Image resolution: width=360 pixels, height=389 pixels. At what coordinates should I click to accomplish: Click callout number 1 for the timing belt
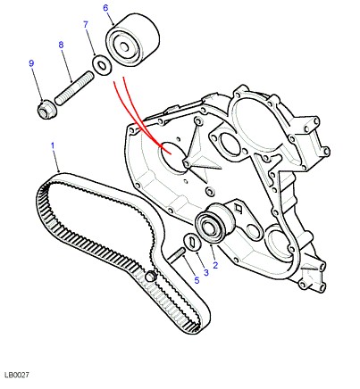[53, 146]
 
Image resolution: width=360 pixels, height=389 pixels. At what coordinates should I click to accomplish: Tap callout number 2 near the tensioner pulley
[215, 265]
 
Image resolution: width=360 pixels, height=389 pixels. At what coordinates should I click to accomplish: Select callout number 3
[206, 272]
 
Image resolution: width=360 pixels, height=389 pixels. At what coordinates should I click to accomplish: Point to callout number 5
[197, 280]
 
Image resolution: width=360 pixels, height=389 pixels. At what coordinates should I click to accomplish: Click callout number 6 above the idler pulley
[105, 8]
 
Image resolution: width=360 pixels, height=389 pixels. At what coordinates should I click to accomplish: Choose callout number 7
[86, 24]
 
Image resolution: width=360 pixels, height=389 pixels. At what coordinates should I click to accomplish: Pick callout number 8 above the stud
[61, 45]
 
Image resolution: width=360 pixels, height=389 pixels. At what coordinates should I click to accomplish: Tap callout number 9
[31, 63]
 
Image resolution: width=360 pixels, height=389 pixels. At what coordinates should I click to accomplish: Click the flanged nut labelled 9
[46, 109]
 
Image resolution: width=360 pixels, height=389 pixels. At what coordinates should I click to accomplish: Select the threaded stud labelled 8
[74, 87]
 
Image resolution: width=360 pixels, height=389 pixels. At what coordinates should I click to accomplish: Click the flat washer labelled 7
[102, 64]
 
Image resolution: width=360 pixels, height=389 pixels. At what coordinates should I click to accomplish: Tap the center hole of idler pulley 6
[124, 46]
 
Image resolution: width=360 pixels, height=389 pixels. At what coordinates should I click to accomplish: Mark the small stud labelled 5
[177, 255]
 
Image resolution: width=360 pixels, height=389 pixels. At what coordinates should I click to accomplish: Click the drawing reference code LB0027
[17, 375]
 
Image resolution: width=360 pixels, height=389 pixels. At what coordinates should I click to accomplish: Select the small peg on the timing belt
[150, 277]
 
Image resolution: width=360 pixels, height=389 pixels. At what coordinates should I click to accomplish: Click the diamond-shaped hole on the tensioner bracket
[239, 209]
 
